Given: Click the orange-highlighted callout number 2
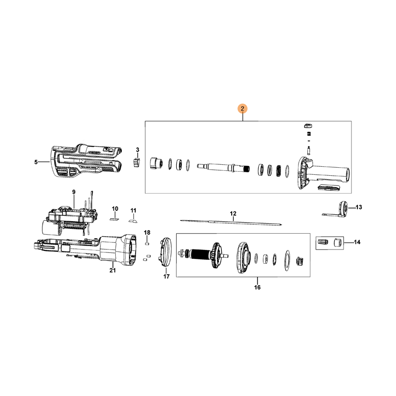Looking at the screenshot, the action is tap(243, 109).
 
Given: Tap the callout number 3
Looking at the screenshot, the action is tap(138, 150).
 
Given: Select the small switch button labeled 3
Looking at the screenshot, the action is tap(136, 162).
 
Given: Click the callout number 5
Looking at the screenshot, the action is tap(36, 162).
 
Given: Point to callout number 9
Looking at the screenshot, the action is tap(74, 192).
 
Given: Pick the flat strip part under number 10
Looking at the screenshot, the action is tap(114, 219).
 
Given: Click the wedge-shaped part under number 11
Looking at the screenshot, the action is tap(133, 221).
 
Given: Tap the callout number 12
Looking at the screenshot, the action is tap(233, 214).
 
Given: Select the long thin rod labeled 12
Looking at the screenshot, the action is tap(231, 222).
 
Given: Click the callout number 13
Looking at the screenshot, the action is tap(358, 207).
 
